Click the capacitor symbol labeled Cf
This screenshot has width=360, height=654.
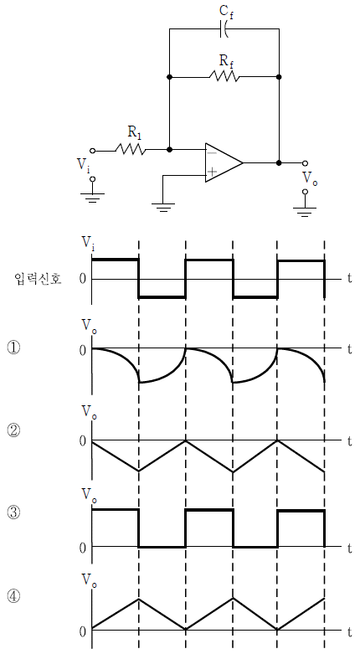coord(224,28)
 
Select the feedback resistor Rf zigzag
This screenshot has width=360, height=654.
coord(224,77)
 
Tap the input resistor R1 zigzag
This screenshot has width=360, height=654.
coord(131,149)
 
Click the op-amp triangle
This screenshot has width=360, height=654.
coord(224,162)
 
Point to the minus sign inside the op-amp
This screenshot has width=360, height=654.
coord(213,153)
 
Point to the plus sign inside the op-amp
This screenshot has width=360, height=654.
coord(213,172)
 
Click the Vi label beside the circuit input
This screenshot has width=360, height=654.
coord(84,166)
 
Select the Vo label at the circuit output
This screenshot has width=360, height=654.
coord(310,178)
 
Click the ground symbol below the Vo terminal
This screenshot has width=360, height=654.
coord(305,211)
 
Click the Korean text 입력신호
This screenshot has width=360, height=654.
coord(38,279)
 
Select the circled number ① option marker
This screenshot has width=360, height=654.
coord(13,348)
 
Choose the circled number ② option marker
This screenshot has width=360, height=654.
coord(13,430)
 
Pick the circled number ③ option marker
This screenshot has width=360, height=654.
coord(13,512)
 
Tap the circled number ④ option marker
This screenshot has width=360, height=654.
coord(13,595)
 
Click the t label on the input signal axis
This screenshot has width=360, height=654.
coord(350,279)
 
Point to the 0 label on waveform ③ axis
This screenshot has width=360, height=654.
coord(83,547)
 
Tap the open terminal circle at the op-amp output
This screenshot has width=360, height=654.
coord(305,162)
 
